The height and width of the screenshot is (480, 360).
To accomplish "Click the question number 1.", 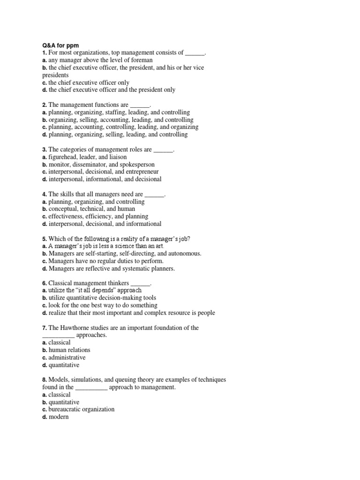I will coord(44,53).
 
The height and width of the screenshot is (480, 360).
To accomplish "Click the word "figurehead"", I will coord(63,157).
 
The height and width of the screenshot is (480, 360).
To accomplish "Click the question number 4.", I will coord(44,194).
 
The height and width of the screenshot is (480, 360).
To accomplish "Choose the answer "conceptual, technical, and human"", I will coord(91,209).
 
